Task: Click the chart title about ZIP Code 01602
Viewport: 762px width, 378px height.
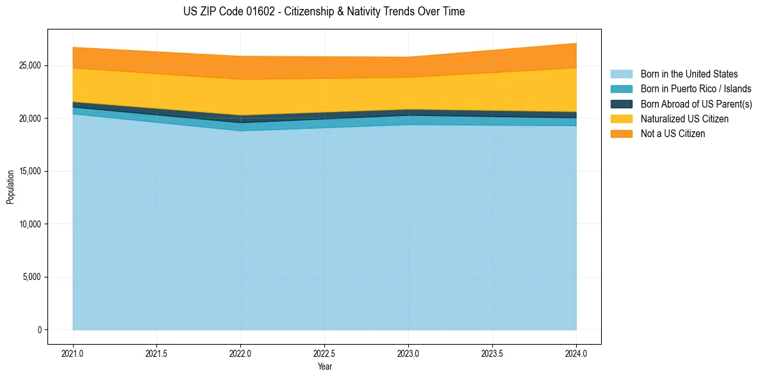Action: coord(324,12)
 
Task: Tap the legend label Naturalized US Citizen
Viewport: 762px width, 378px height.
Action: coord(684,119)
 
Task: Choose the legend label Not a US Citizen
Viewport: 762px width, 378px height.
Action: coord(673,134)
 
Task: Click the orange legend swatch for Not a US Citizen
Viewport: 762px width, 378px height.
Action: coord(621,134)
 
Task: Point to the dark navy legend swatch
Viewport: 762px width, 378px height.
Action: coord(621,104)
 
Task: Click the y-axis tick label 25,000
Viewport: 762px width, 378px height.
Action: coord(29,66)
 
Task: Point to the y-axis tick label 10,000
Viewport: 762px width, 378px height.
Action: coord(29,224)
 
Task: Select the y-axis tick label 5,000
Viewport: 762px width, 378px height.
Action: coord(31,277)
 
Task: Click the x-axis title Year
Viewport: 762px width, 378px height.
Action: coord(324,366)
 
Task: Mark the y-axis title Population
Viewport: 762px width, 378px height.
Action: coord(10,187)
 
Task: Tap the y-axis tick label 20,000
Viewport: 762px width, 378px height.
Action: coord(29,119)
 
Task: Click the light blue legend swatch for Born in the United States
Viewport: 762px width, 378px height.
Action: coord(621,74)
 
